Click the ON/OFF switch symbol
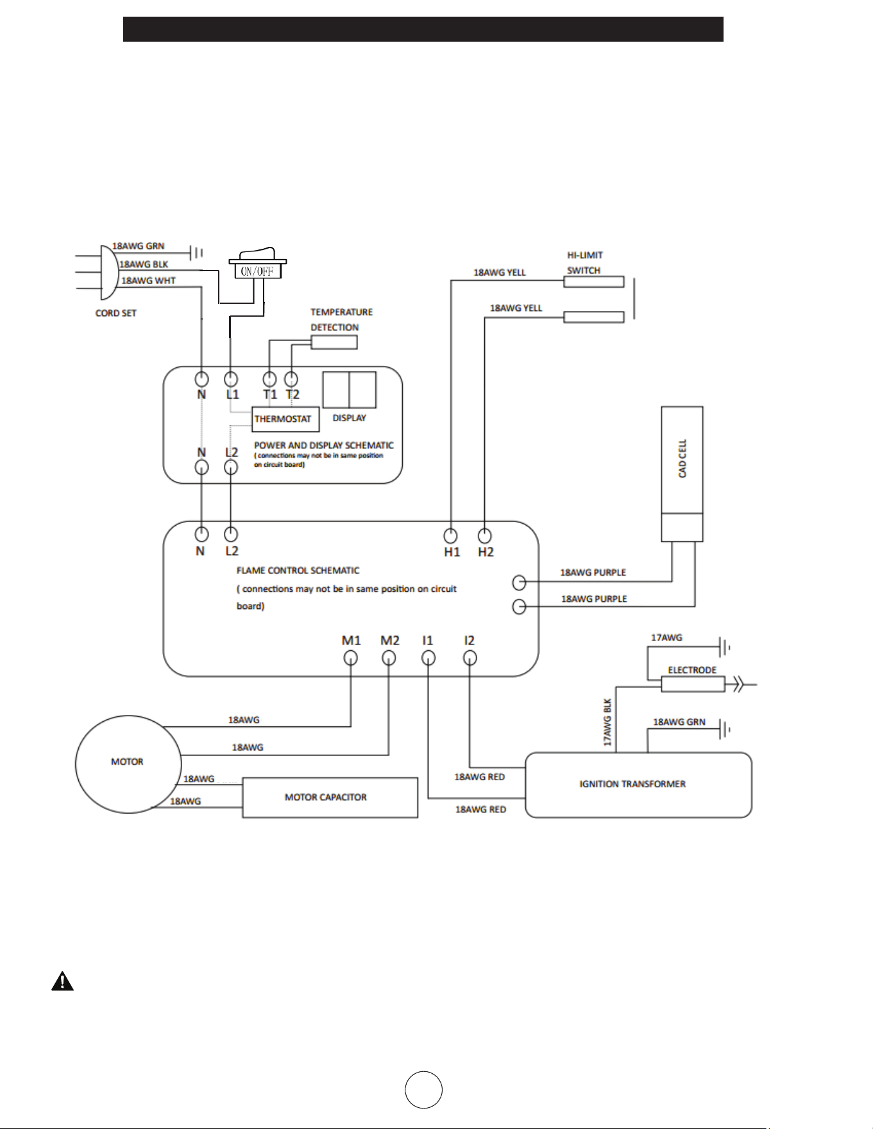[258, 264]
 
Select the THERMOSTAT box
[285, 419]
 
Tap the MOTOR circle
[128, 764]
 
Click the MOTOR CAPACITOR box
[330, 798]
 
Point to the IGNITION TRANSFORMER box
[638, 785]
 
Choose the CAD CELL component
[682, 474]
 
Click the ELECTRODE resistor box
[693, 685]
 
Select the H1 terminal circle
[451, 535]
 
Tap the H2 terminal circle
[485, 535]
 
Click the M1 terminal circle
[351, 658]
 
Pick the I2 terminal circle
[470, 658]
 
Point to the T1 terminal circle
[270, 379]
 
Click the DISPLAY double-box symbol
[350, 390]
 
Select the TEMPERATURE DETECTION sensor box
[334, 342]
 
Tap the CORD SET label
[116, 314]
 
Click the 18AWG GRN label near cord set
[139, 246]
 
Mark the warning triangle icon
[62, 982]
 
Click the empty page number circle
[423, 1089]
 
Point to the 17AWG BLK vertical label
[607, 722]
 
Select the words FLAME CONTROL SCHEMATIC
[298, 571]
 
